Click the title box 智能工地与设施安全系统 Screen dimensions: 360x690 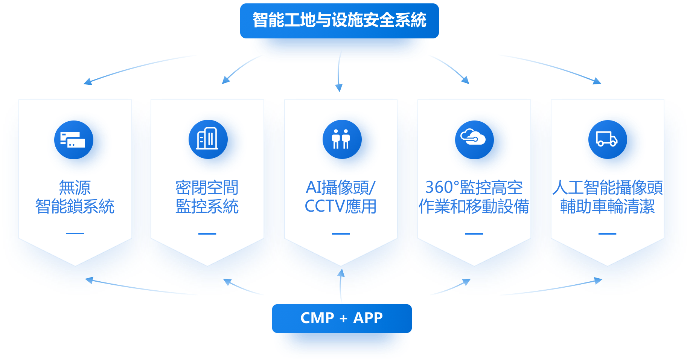click(x=339, y=20)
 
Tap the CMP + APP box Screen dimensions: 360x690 click(x=341, y=318)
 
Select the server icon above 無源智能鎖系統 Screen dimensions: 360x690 click(x=74, y=140)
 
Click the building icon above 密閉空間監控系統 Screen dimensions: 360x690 click(x=208, y=140)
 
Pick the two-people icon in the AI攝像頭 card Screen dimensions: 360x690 click(x=342, y=139)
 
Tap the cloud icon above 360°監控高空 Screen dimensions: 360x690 click(x=474, y=140)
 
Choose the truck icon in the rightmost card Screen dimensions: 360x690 click(x=607, y=139)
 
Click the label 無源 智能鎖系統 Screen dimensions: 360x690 click(x=75, y=197)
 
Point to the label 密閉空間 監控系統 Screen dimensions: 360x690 click(x=207, y=197)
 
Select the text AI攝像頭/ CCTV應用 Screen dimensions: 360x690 click(x=341, y=197)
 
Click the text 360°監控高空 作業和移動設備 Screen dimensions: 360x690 click(x=474, y=197)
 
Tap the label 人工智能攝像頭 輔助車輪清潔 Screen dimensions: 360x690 click(x=607, y=197)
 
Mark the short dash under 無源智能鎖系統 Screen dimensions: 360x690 click(x=75, y=233)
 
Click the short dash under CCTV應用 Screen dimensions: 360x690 click(x=341, y=233)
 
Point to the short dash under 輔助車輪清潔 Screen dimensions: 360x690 click(x=607, y=233)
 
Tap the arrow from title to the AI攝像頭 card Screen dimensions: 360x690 click(x=339, y=72)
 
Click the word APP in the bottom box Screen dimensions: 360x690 click(x=368, y=318)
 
